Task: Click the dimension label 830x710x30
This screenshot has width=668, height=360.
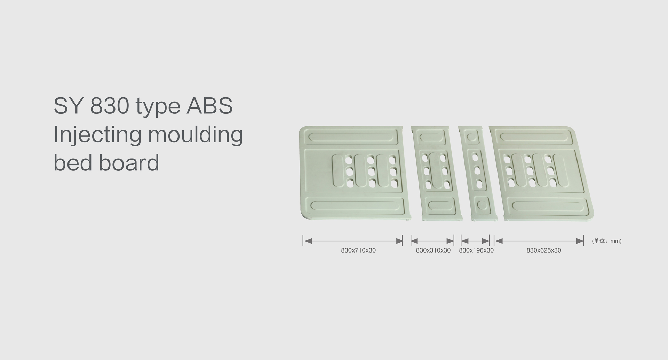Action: pyautogui.click(x=358, y=250)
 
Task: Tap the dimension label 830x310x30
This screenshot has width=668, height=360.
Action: pyautogui.click(x=433, y=250)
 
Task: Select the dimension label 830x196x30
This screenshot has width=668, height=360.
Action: pyautogui.click(x=476, y=250)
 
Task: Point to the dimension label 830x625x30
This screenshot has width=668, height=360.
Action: pyautogui.click(x=544, y=250)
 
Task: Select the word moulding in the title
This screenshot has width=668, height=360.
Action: pyautogui.click(x=196, y=135)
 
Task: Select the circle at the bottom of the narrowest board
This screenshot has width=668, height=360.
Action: pyautogui.click(x=482, y=205)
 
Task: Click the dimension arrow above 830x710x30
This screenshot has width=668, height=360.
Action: pyautogui.click(x=353, y=241)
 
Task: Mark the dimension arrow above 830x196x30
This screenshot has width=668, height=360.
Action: pyautogui.click(x=475, y=241)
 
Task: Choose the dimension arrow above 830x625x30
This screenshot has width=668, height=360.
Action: pyautogui.click(x=539, y=241)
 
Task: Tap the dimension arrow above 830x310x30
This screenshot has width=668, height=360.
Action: pyautogui.click(x=432, y=241)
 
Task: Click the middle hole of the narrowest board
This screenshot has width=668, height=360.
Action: pyautogui.click(x=477, y=170)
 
